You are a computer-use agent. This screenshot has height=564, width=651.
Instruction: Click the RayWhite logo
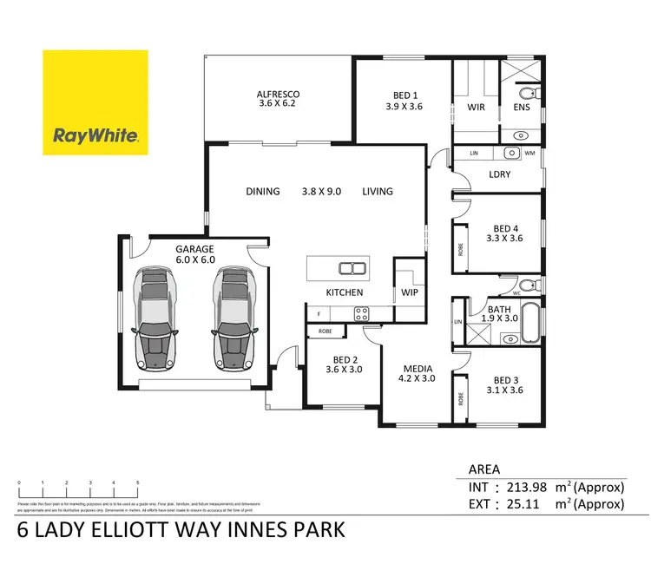pyautogui.click(x=96, y=102)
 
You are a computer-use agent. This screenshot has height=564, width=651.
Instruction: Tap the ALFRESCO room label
pyautogui.click(x=278, y=95)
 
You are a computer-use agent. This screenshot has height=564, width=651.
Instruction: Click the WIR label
pyautogui.click(x=476, y=108)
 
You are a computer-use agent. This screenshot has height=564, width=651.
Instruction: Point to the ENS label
pyautogui.click(x=521, y=108)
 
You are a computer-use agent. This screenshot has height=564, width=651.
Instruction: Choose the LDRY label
pyautogui.click(x=500, y=174)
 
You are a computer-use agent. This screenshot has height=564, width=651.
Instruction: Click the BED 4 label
pyautogui.click(x=503, y=232)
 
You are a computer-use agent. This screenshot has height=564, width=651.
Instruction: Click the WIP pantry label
pyautogui.click(x=410, y=292)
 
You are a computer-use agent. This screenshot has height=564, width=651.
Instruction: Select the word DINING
pyautogui.click(x=263, y=192)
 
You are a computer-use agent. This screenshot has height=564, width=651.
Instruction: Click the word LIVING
pyautogui.click(x=378, y=192)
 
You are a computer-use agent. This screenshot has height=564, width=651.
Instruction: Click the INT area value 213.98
pyautogui.click(x=530, y=487)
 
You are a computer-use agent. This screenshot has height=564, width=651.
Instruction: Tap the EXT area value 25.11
pyautogui.click(x=529, y=503)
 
